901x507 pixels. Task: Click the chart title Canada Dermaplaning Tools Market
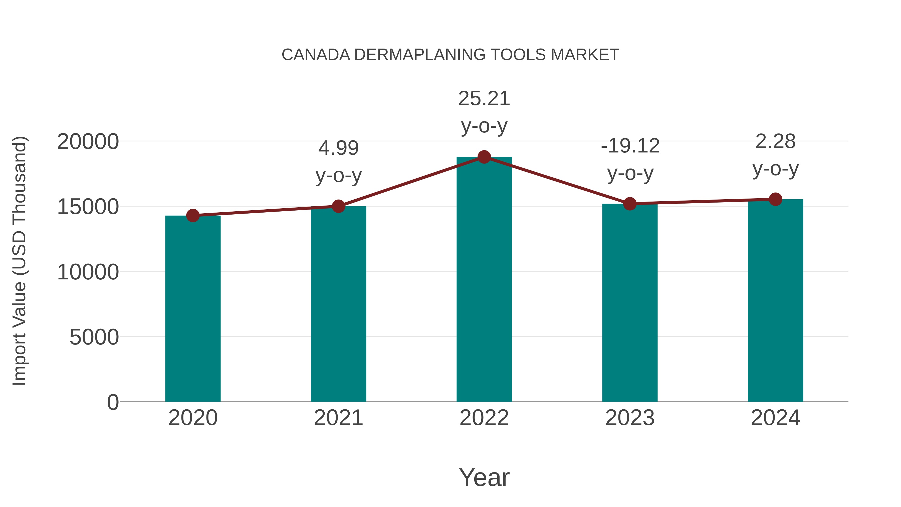pyautogui.click(x=450, y=55)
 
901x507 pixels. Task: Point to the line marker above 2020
pyautogui.click(x=193, y=216)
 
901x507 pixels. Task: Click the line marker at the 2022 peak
pyautogui.click(x=484, y=157)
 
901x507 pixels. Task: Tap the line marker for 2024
pyautogui.click(x=775, y=199)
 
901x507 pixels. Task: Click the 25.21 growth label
pyautogui.click(x=484, y=99)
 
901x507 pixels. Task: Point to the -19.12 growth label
pyautogui.click(x=630, y=146)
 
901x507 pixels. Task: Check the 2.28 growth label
pyautogui.click(x=775, y=142)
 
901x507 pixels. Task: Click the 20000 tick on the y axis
pyautogui.click(x=88, y=142)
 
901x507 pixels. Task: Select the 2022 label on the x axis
pyautogui.click(x=484, y=418)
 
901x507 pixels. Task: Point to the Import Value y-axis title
pyautogui.click(x=20, y=261)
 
